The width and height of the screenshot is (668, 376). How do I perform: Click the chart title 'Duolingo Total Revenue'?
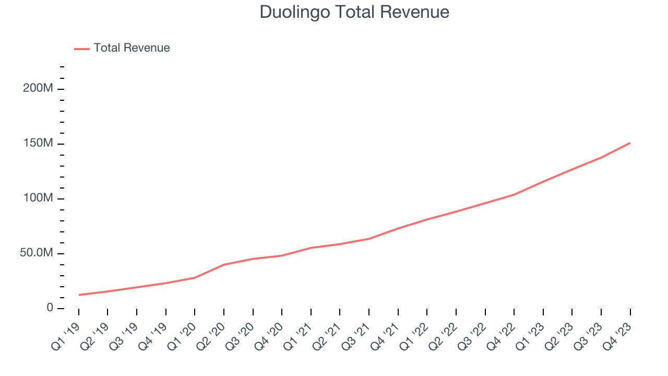click(x=354, y=12)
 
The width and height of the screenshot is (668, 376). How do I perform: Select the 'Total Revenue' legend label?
click(x=132, y=48)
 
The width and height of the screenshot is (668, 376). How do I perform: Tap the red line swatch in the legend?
click(x=82, y=49)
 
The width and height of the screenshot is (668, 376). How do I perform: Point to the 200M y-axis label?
click(x=38, y=88)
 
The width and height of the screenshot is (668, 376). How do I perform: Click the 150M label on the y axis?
click(x=38, y=144)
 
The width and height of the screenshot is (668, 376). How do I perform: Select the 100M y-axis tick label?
click(x=38, y=198)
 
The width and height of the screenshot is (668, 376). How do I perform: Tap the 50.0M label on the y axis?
click(x=37, y=253)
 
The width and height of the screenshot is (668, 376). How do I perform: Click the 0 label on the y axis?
click(x=50, y=308)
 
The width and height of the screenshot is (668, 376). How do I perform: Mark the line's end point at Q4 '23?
click(x=630, y=143)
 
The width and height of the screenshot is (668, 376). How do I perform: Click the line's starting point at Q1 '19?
click(x=79, y=295)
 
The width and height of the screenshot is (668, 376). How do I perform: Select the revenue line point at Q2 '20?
click(x=224, y=264)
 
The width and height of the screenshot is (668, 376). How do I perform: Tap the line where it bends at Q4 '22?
click(x=514, y=195)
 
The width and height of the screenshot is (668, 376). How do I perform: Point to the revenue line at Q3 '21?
click(x=369, y=239)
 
